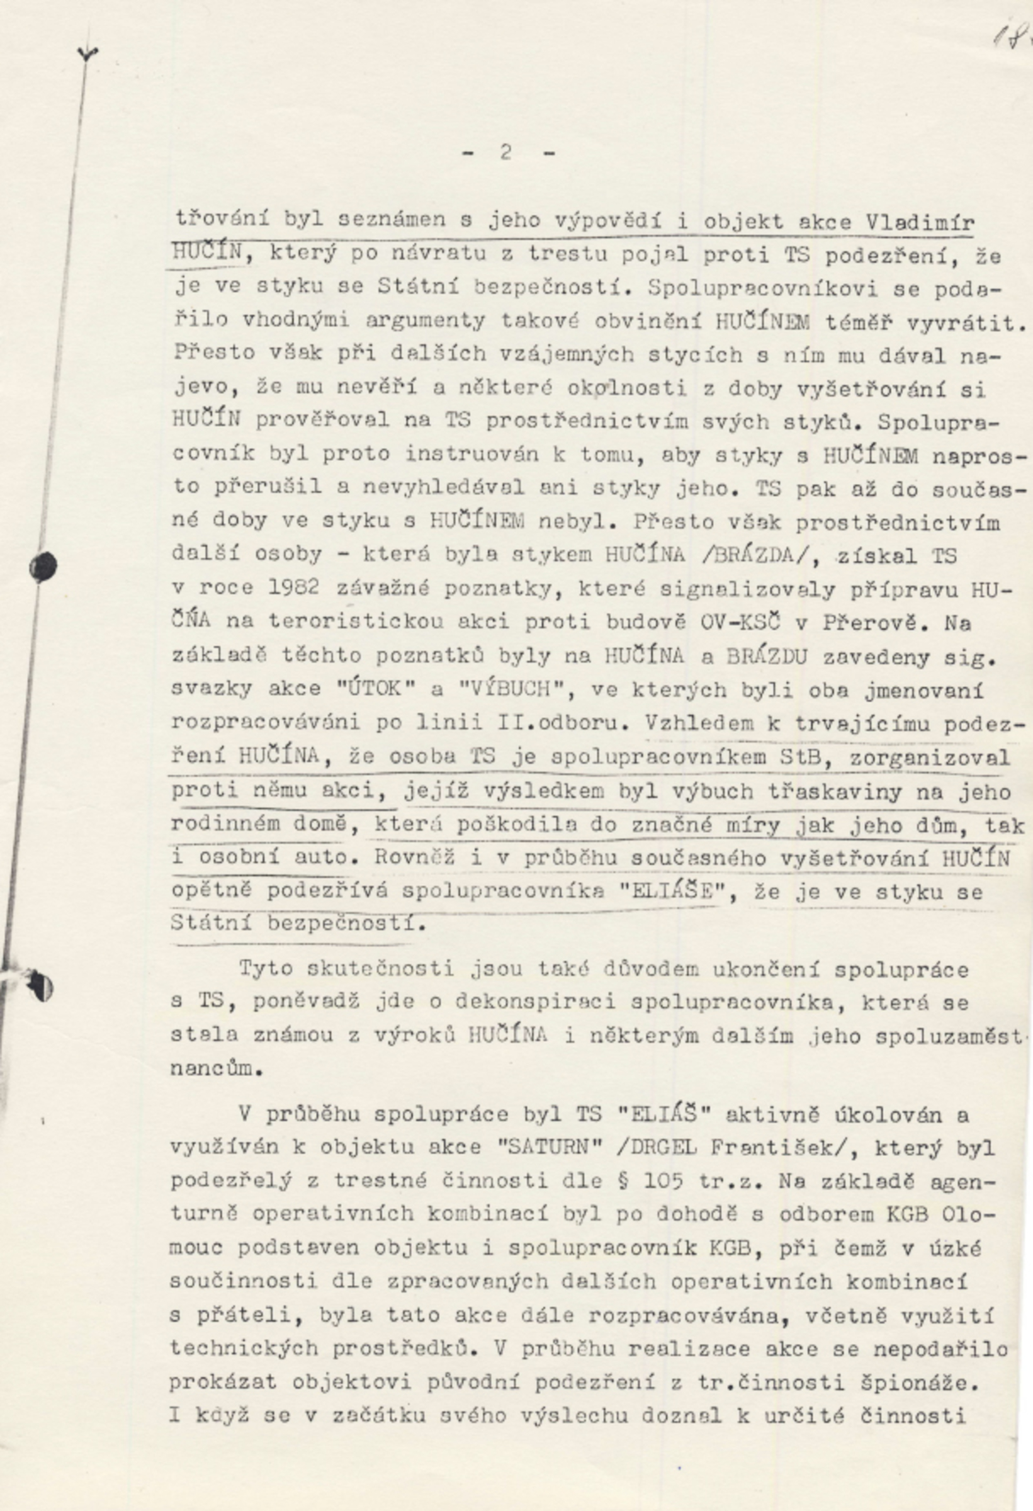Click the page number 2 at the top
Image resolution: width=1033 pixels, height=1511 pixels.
(x=506, y=153)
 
